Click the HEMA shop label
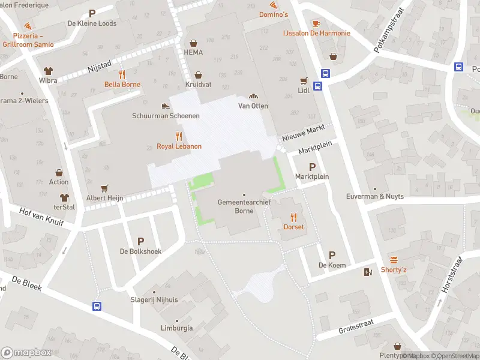(193, 52)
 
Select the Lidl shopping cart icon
(304, 80)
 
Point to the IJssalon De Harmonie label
(316, 33)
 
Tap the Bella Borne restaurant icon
(122, 74)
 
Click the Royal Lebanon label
(179, 146)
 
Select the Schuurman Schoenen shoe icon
(166, 106)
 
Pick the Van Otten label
(253, 106)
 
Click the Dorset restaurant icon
(294, 217)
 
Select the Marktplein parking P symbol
(311, 167)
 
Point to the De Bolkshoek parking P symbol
(141, 241)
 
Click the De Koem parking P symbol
(332, 255)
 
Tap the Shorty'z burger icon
(394, 260)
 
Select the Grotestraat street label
(356, 325)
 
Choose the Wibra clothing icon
(48, 70)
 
